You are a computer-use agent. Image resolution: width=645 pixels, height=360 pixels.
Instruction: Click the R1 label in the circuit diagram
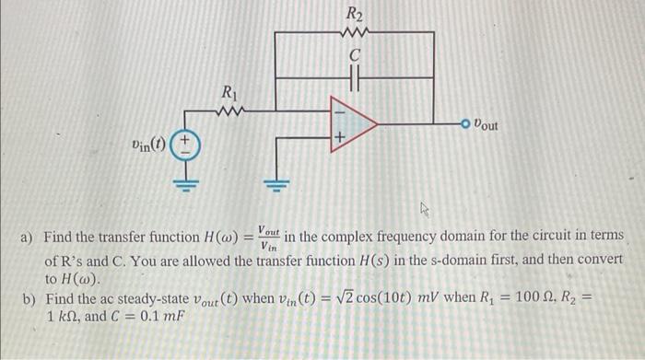pyautogui.click(x=229, y=92)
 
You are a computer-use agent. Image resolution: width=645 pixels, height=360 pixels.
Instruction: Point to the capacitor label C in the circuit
pyautogui.click(x=354, y=57)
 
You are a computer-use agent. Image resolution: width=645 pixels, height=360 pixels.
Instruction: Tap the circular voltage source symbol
pyautogui.click(x=185, y=146)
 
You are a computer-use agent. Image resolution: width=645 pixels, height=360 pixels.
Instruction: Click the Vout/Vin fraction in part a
pyautogui.click(x=270, y=238)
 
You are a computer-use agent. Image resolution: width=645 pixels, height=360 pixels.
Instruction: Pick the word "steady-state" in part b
pyautogui.click(x=149, y=300)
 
